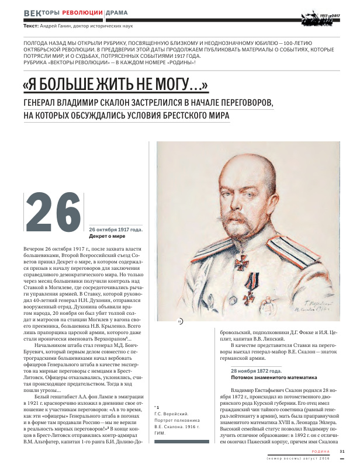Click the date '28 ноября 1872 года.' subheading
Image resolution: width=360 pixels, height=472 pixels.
(x=256, y=370)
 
